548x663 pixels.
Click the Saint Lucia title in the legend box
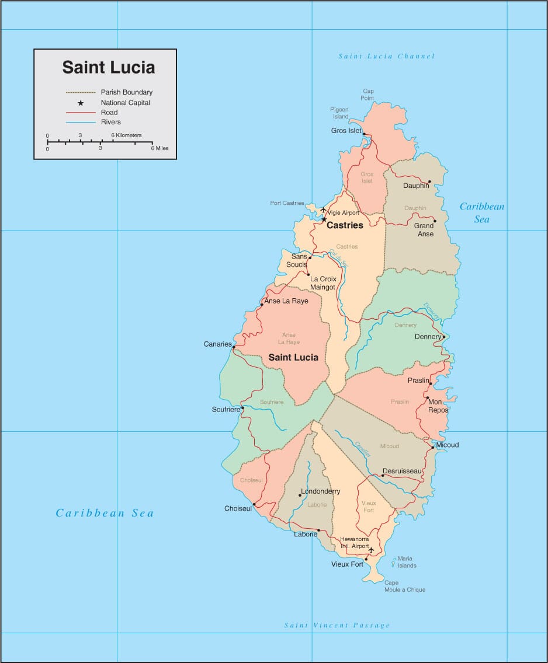(x=109, y=67)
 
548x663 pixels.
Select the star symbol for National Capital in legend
(x=81, y=103)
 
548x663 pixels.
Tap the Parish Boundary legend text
(x=126, y=92)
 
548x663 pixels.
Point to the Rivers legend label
(x=110, y=122)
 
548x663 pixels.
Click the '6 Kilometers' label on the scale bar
(x=126, y=135)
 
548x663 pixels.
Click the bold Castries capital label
(x=345, y=225)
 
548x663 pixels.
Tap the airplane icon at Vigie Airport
(x=323, y=210)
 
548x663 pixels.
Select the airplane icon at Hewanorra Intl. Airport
(x=370, y=549)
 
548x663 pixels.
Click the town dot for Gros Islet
(x=364, y=134)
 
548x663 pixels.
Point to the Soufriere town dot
(x=242, y=408)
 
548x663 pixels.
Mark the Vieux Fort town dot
(x=366, y=560)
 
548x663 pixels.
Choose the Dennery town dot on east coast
(x=443, y=337)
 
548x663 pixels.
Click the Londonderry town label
(x=320, y=491)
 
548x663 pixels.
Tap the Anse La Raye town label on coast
(x=286, y=301)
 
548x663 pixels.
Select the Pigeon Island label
(x=339, y=113)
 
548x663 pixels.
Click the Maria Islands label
(x=407, y=562)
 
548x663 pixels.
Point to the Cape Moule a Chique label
(x=405, y=586)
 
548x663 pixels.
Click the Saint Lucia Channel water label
(x=387, y=57)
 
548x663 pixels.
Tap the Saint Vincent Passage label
(x=337, y=626)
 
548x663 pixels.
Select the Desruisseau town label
(x=402, y=471)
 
